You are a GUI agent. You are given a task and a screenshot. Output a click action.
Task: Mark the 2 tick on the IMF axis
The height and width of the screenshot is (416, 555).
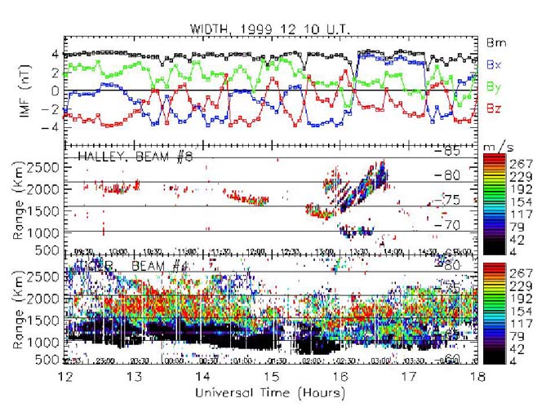pyautogui.click(x=55, y=73)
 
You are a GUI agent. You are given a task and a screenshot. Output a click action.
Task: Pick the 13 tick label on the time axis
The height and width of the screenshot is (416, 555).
pyautogui.click(x=135, y=378)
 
